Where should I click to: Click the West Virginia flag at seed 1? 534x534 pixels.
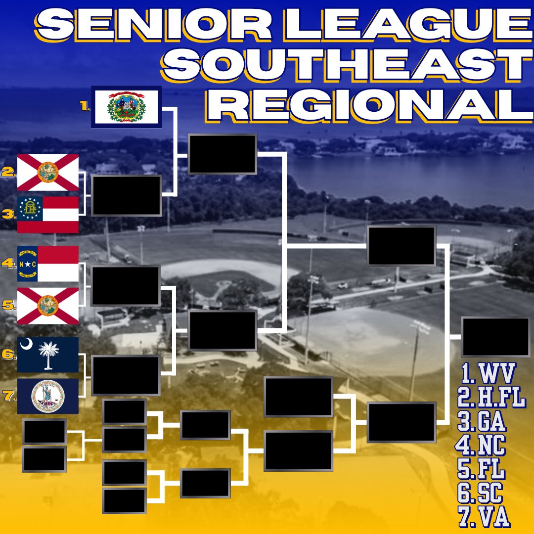(x=127, y=107)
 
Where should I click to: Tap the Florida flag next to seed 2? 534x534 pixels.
(x=48, y=172)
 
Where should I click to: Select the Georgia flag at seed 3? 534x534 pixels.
(x=48, y=214)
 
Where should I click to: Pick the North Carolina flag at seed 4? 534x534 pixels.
(x=48, y=264)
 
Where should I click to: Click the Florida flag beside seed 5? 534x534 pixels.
(x=48, y=306)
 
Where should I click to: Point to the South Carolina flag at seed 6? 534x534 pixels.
(x=48, y=355)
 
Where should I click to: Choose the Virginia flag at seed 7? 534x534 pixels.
(x=48, y=396)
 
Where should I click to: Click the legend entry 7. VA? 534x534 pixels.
(x=483, y=517)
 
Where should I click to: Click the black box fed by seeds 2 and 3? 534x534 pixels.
(x=126, y=195)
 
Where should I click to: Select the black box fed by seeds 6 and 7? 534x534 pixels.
(x=126, y=375)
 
